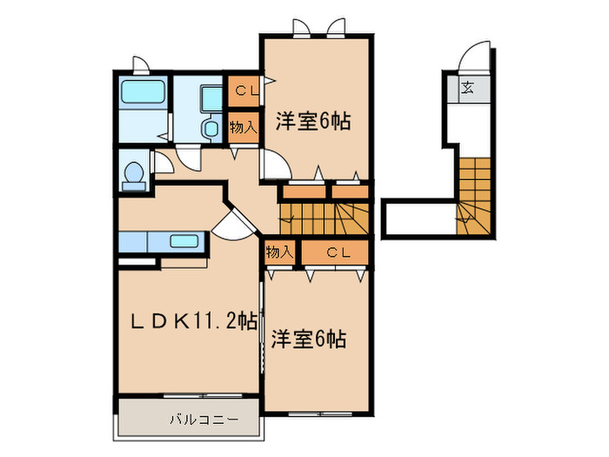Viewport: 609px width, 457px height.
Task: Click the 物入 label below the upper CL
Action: click(243, 125)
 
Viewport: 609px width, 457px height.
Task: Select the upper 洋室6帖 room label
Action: click(313, 121)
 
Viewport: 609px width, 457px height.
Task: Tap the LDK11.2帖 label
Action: click(192, 321)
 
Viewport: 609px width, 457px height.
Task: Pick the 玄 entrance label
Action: click(467, 87)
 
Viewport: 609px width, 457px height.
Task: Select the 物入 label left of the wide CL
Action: click(278, 252)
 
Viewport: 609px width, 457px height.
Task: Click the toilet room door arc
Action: click(187, 158)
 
